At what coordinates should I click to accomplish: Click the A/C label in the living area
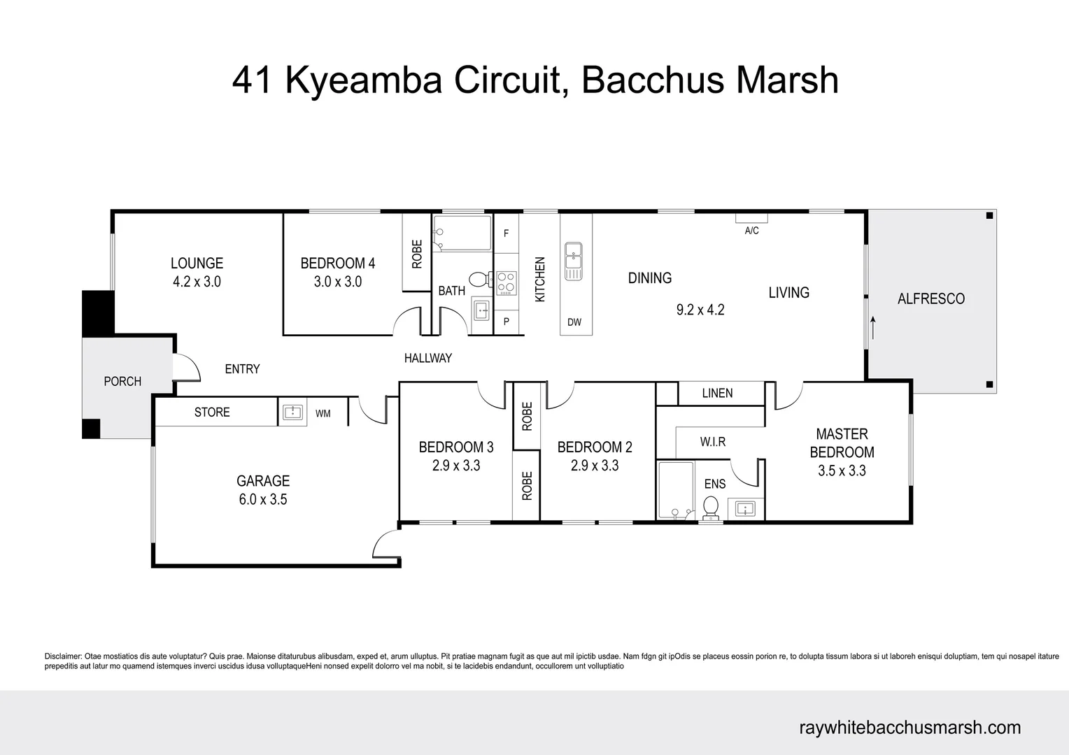pos(751,231)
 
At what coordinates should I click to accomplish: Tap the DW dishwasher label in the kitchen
pos(574,322)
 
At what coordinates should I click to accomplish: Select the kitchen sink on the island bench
pos(574,261)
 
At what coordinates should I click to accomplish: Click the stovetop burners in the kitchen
pos(506,282)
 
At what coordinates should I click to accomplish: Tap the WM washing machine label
pos(323,414)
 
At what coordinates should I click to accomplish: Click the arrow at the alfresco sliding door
pos(872,327)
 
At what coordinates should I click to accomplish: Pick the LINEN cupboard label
pos(717,393)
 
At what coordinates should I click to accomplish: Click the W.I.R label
pos(713,442)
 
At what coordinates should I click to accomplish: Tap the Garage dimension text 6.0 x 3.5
pos(263,499)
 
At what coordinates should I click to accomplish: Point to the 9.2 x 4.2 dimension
pos(700,310)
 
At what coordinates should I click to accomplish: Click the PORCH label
pos(122,381)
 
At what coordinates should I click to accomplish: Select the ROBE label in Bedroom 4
pos(417,254)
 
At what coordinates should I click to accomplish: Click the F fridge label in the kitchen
pos(506,233)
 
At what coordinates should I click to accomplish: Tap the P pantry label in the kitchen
pos(506,322)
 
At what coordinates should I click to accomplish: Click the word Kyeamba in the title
pos(364,80)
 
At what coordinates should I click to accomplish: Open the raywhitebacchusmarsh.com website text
pos(909,727)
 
